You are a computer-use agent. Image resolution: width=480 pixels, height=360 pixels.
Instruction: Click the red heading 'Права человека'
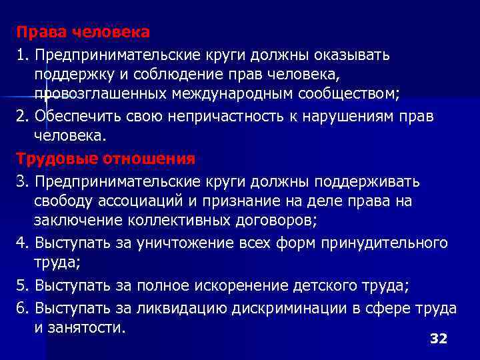click(x=83, y=32)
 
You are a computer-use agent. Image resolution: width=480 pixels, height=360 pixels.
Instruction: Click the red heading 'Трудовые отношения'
click(x=106, y=158)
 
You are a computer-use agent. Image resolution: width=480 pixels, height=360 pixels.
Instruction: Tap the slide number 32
click(x=438, y=339)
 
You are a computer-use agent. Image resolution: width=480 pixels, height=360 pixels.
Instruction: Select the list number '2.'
click(x=24, y=117)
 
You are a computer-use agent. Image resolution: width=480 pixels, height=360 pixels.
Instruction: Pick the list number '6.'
click(x=24, y=308)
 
